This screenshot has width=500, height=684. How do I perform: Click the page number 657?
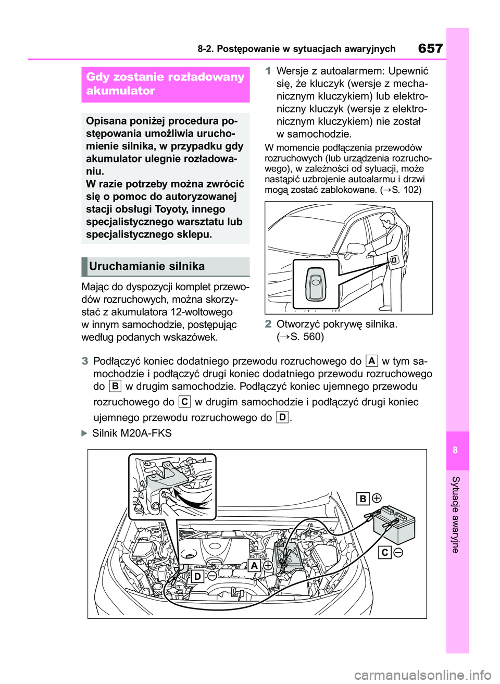(430, 48)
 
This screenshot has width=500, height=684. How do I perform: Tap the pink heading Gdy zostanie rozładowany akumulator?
(165, 84)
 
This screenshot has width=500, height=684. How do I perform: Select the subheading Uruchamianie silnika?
(147, 266)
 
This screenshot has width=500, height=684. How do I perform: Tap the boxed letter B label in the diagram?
(363, 499)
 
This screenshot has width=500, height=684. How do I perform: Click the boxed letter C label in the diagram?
(384, 552)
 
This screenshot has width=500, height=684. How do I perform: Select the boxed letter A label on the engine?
(254, 566)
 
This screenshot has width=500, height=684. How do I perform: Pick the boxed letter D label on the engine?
(197, 576)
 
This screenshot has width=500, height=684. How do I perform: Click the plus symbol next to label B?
(377, 498)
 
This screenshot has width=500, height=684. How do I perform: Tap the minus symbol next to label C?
(398, 552)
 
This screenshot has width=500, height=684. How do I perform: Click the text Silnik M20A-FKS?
(131, 433)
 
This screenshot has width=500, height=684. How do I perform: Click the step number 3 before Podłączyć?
(85, 361)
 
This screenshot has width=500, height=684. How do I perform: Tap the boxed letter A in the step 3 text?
(371, 360)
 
